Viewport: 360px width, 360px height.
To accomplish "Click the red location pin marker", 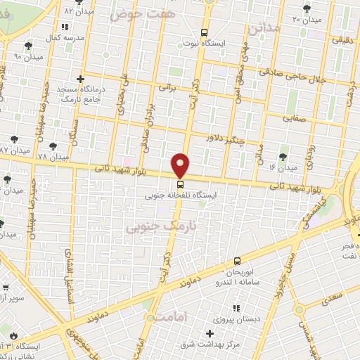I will [x=181, y=165].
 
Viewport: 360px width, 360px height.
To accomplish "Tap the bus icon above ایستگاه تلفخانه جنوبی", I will [x=181, y=185].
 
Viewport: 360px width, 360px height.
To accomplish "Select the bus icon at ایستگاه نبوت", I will [x=205, y=32].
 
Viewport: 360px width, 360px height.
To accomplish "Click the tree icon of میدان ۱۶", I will [x=283, y=156].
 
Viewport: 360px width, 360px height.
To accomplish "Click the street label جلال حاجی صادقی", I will [x=294, y=75].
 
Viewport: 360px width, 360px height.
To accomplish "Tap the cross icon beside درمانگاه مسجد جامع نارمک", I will [x=81, y=79].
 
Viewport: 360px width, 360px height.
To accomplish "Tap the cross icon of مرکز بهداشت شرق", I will [x=209, y=333].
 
